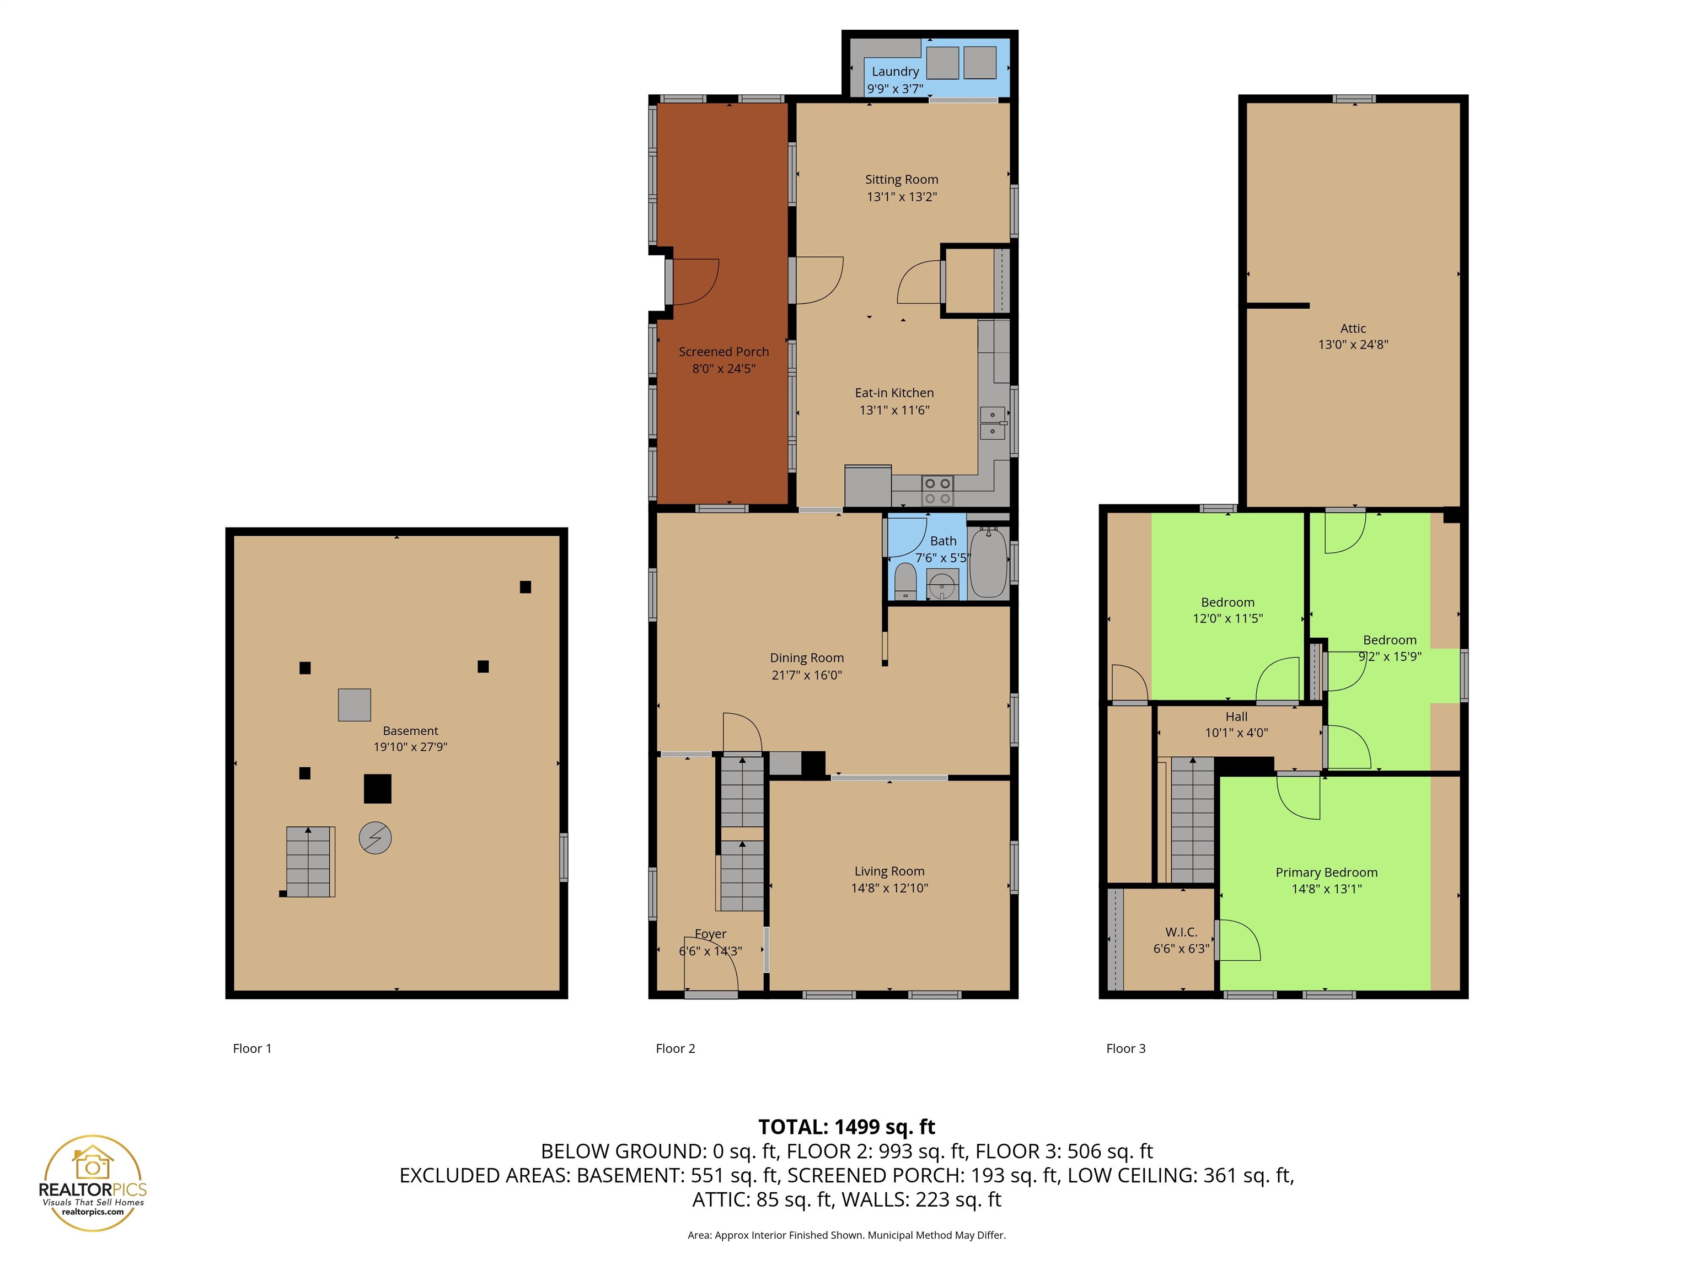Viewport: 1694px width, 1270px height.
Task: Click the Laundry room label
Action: (x=894, y=71)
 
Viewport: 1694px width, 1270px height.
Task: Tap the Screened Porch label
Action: (x=723, y=351)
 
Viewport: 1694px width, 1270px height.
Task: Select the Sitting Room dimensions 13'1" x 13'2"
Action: (x=902, y=197)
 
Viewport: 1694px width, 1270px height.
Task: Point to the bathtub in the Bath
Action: (x=988, y=563)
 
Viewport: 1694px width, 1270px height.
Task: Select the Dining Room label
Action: (x=806, y=658)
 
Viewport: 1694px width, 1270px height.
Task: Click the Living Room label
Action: (x=889, y=871)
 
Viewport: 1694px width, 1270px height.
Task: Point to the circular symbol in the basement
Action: (x=376, y=838)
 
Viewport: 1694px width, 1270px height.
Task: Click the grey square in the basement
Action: (x=355, y=705)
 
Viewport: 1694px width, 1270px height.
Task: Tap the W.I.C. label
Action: (x=1181, y=932)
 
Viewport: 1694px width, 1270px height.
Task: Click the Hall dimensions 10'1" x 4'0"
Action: (x=1236, y=733)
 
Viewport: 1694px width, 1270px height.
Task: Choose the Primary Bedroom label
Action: (x=1326, y=872)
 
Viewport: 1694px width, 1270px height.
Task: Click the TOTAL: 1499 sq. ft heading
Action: (x=846, y=1127)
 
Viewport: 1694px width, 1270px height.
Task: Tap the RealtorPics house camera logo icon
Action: (x=93, y=1164)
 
